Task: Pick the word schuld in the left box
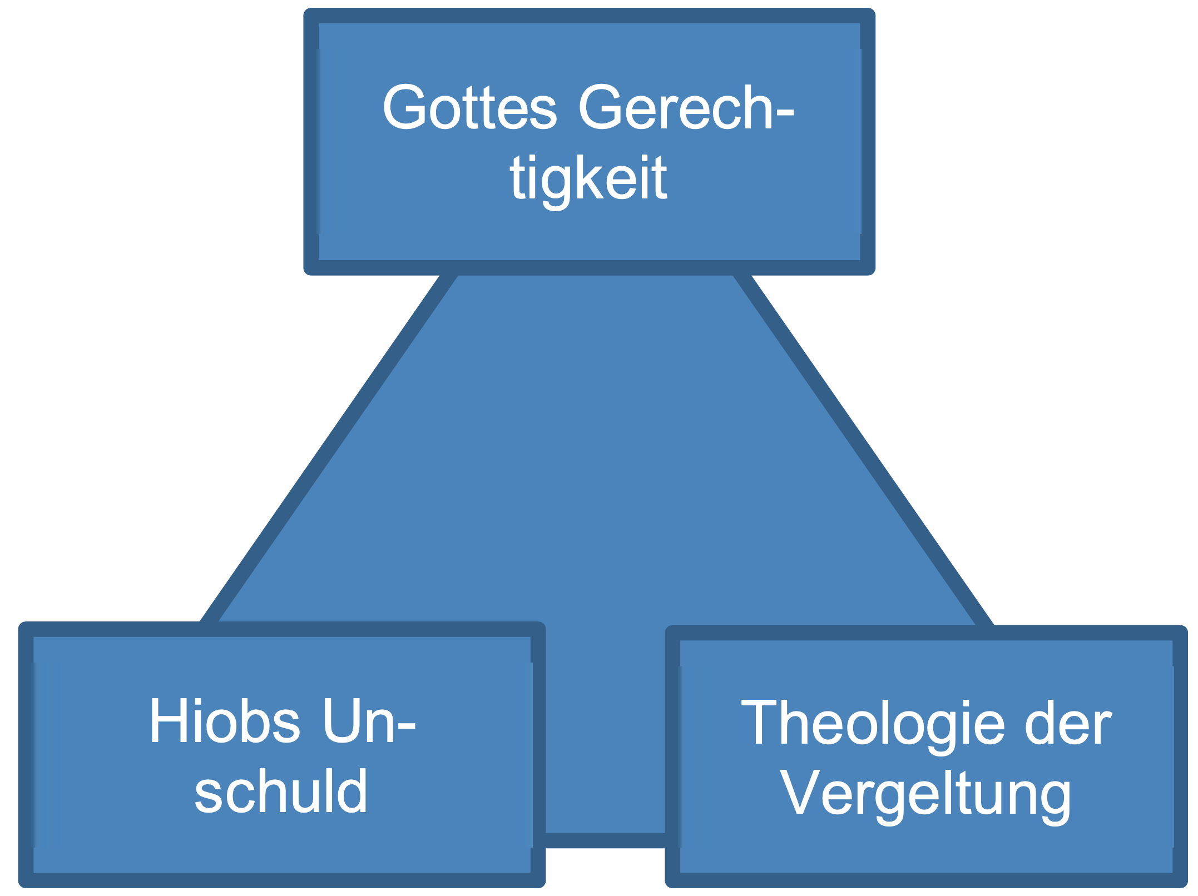[281, 792]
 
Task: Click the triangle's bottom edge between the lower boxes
[605, 840]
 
